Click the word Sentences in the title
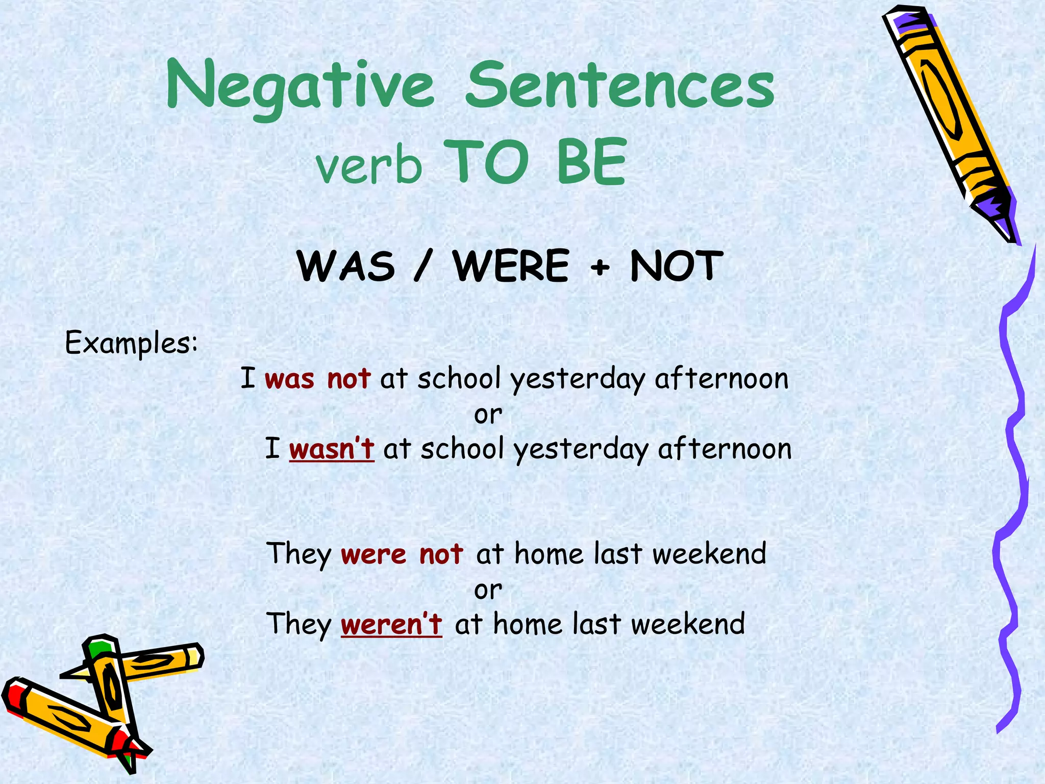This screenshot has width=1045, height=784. tap(620, 86)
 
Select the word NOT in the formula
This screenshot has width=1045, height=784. tap(676, 266)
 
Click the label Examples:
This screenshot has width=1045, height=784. tap(131, 343)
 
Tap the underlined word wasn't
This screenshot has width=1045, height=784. tap(332, 449)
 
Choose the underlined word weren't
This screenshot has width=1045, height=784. tap(391, 624)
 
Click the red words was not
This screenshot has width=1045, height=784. tap(317, 379)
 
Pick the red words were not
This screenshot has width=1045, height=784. tap(402, 554)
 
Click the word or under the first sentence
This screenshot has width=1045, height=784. tap(488, 414)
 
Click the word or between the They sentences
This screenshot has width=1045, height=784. tap(488, 590)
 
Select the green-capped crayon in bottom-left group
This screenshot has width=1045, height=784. tap(110, 684)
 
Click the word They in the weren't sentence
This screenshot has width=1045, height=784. tap(299, 625)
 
